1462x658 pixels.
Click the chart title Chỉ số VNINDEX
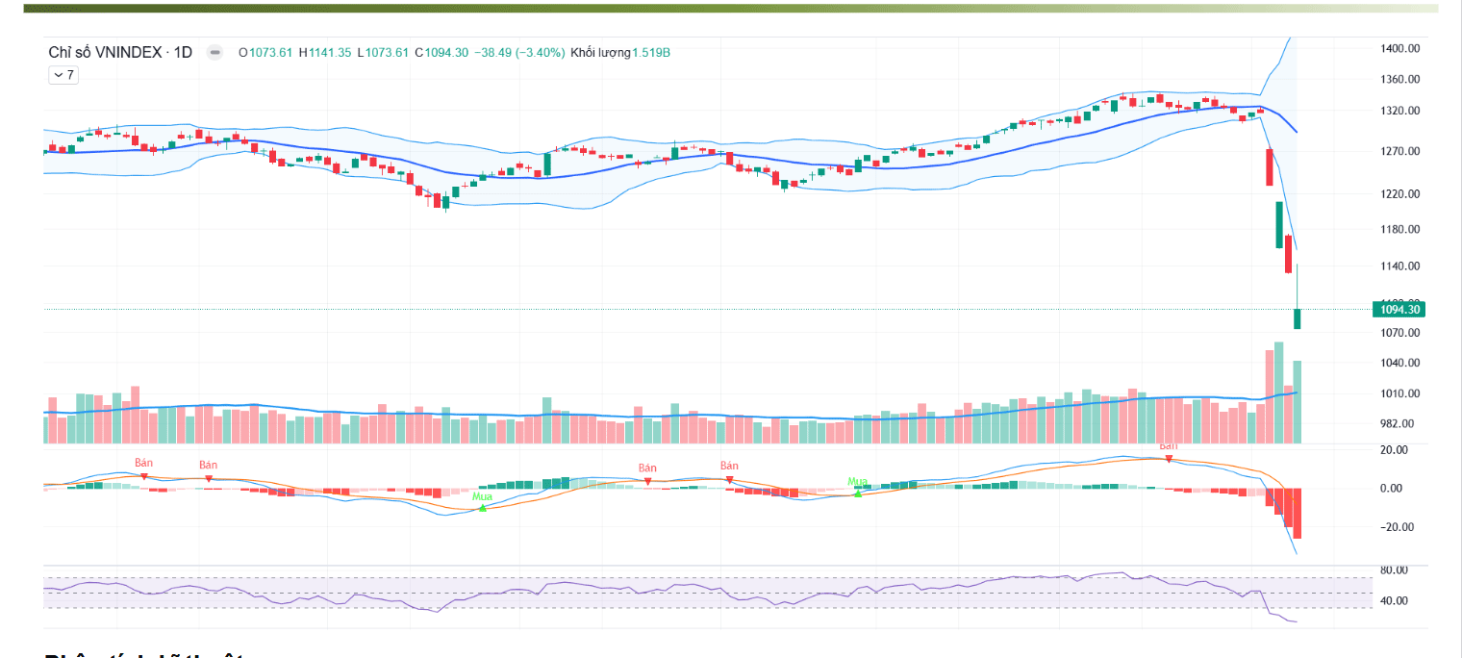point(105,52)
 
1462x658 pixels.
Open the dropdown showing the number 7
point(63,74)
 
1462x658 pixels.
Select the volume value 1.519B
point(650,52)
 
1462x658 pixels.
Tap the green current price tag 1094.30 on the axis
point(1399,309)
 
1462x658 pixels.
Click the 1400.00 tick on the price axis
point(1399,48)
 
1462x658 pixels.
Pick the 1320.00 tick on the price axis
point(1399,111)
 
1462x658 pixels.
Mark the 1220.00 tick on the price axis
point(1399,193)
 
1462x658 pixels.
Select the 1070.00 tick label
point(1399,333)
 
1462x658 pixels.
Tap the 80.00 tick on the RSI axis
point(1394,569)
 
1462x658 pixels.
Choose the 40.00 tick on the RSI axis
point(1394,600)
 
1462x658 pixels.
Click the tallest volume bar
point(1278,392)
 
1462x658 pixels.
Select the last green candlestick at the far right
point(1298,318)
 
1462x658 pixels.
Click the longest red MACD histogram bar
point(1297,513)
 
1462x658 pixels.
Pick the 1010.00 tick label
point(1399,393)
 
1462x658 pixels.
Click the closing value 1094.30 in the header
point(446,52)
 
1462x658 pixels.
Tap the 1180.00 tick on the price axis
point(1399,229)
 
